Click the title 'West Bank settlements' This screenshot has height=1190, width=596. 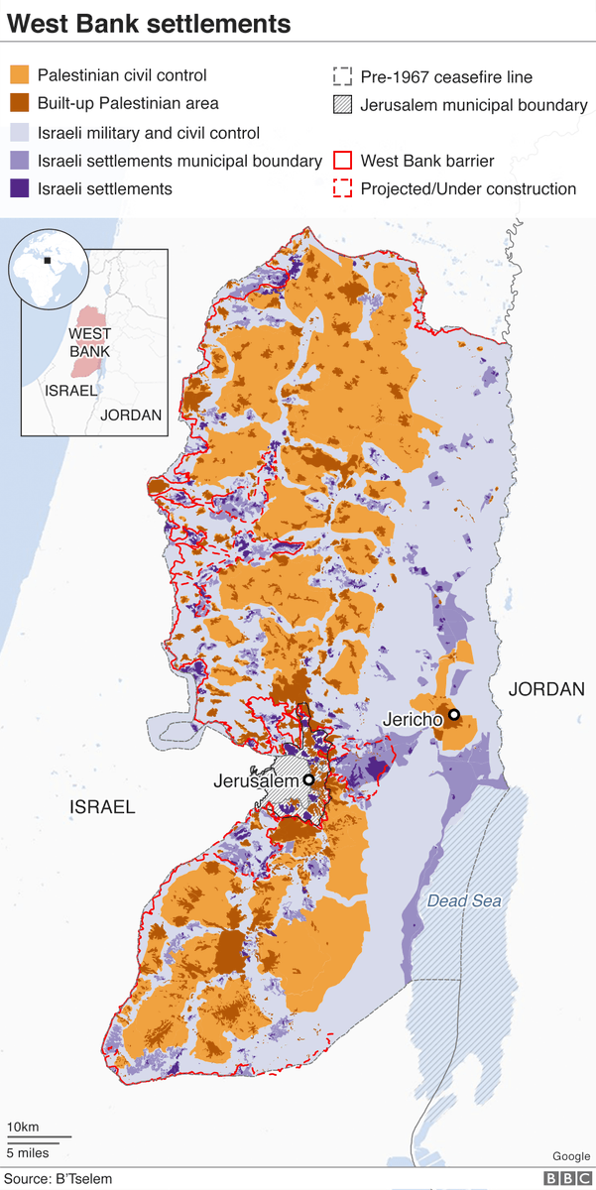(x=150, y=23)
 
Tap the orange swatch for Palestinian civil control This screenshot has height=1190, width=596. (x=19, y=75)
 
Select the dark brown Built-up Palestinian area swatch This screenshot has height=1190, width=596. (x=19, y=104)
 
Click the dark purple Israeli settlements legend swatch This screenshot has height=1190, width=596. (x=19, y=188)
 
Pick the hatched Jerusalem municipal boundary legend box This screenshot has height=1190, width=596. (x=343, y=104)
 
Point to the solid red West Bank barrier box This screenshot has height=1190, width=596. (x=343, y=161)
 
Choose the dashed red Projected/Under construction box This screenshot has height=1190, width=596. (x=343, y=188)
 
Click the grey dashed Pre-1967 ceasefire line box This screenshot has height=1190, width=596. (x=343, y=76)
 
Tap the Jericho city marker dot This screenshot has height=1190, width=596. (x=453, y=714)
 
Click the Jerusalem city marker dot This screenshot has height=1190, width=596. (x=308, y=780)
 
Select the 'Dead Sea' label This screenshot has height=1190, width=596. (x=464, y=901)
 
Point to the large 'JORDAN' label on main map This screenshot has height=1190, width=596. (x=546, y=688)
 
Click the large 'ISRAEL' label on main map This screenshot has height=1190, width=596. (x=101, y=807)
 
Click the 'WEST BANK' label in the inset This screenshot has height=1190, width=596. (x=89, y=343)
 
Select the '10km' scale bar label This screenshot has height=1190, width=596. (x=23, y=1127)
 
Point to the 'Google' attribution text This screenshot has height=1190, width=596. (x=570, y=1156)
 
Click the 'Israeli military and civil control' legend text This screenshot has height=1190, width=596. (x=149, y=133)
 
